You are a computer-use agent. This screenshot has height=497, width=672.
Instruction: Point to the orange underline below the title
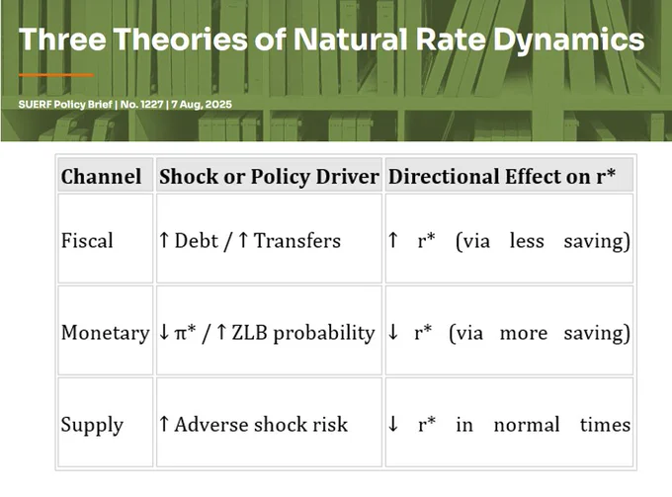tap(55, 75)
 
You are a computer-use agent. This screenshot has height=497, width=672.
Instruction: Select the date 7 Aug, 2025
tap(202, 105)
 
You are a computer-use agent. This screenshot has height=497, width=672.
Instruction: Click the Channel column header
tap(101, 177)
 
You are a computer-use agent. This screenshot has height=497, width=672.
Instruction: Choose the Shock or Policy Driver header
tap(269, 177)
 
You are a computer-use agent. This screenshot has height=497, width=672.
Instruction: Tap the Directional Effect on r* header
tap(502, 177)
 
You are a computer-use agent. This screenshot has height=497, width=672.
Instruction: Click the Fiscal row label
tap(87, 240)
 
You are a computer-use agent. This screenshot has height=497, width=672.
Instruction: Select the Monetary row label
tap(106, 333)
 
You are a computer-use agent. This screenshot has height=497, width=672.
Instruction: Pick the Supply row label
tap(92, 426)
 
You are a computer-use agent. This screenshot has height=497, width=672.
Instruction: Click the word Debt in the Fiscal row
tap(197, 240)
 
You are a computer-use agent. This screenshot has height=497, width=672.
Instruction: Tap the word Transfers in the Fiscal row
tap(297, 240)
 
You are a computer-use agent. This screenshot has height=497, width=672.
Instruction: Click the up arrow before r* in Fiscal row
tap(392, 240)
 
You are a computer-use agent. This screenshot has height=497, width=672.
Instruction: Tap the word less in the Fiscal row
tap(527, 240)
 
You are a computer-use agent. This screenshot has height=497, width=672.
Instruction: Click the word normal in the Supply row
tap(527, 425)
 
